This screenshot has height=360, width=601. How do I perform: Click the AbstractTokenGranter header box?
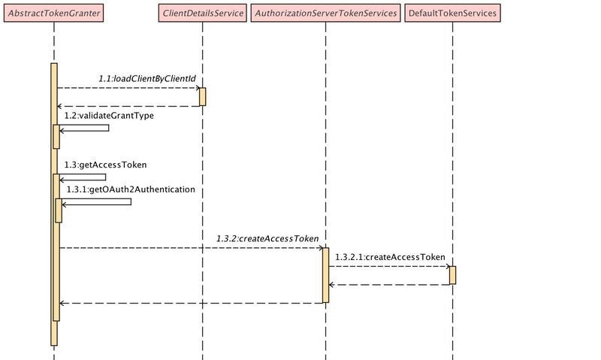click(54, 14)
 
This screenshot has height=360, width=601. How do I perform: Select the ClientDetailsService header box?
click(202, 14)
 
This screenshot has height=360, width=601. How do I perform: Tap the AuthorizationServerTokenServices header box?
click(325, 14)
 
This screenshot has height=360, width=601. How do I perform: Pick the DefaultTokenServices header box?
click(452, 14)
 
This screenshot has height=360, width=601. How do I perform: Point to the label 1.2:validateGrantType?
click(109, 116)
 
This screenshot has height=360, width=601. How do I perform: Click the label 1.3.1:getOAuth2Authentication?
click(131, 189)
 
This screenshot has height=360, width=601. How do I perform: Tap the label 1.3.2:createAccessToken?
click(267, 237)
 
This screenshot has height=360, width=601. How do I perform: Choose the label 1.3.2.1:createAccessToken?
click(390, 256)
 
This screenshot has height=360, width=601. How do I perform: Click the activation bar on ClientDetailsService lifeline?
click(202, 97)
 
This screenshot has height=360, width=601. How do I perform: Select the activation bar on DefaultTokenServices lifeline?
click(452, 275)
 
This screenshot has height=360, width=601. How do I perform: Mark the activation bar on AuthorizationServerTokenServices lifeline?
click(325, 275)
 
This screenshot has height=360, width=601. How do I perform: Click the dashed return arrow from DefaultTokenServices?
click(389, 285)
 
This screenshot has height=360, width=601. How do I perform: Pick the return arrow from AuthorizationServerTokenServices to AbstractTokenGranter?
click(192, 303)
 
